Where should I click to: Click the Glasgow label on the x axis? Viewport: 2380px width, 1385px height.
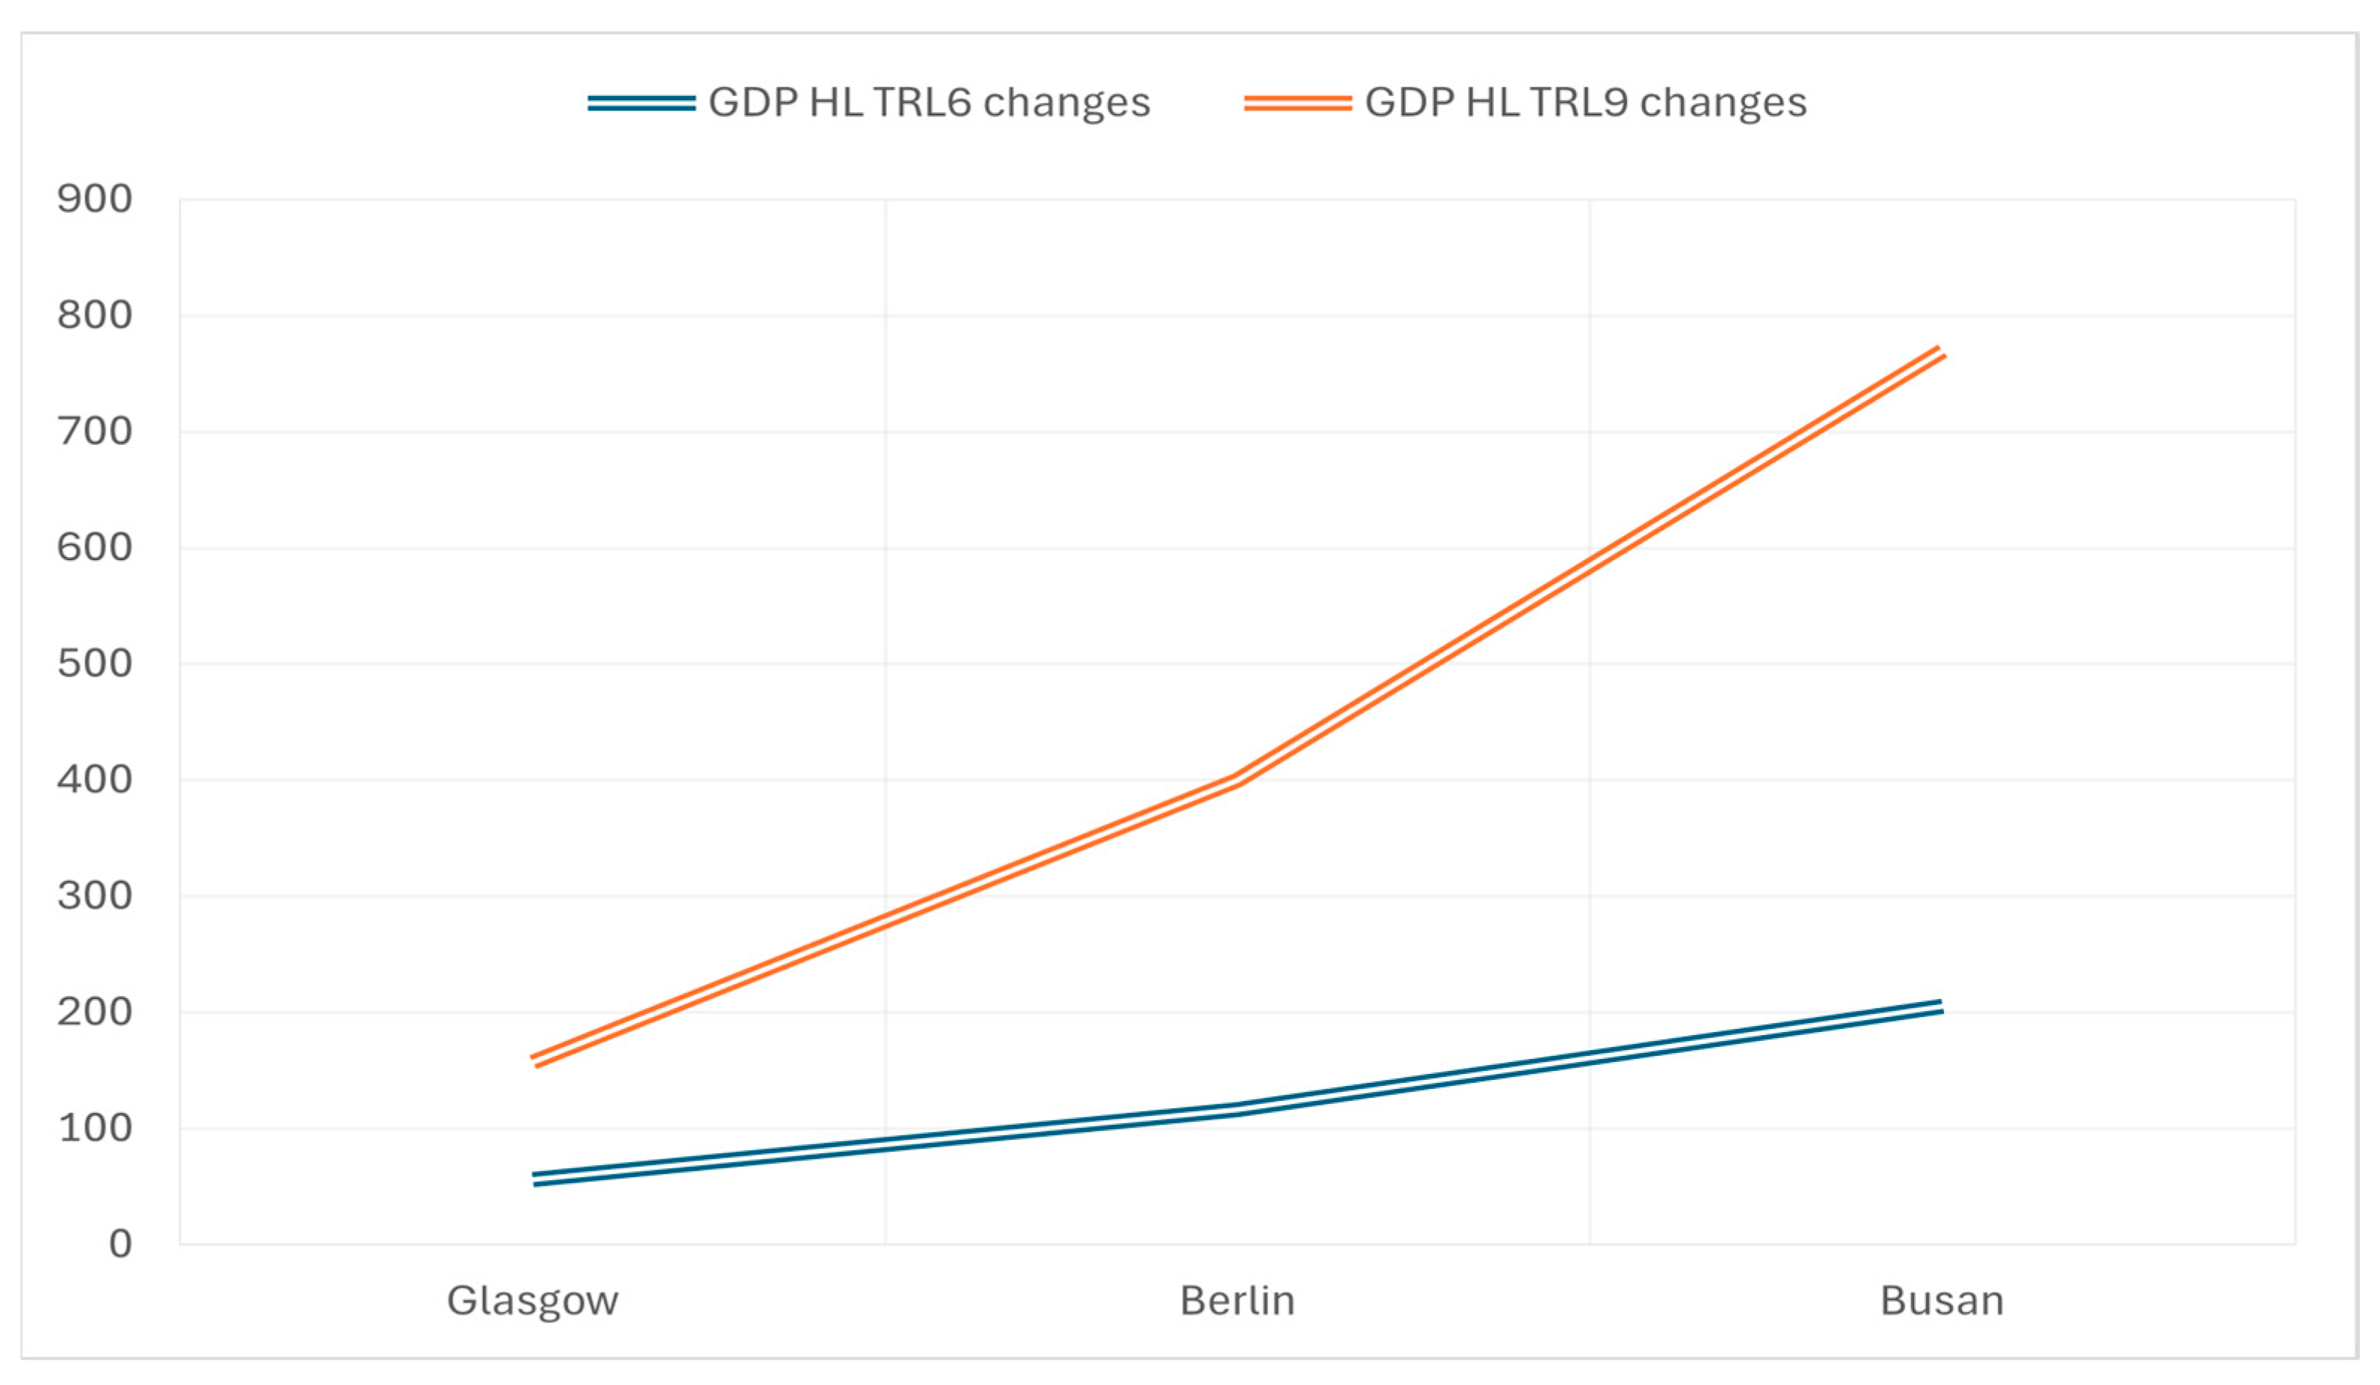(532, 1301)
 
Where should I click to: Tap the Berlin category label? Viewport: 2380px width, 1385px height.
(1237, 1301)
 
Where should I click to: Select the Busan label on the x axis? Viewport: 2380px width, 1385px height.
(1942, 1301)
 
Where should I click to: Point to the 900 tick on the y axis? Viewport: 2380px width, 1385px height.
(94, 200)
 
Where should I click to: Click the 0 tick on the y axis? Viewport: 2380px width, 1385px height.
(120, 1244)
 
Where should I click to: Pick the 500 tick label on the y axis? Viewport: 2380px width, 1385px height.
(94, 663)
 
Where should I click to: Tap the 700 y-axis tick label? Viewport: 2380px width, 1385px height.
(94, 432)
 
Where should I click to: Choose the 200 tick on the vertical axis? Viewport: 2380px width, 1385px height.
(94, 1012)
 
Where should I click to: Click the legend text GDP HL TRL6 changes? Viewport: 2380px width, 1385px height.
(929, 102)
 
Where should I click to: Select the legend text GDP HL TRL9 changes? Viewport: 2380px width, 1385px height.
(1586, 102)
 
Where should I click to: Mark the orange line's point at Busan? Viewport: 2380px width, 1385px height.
(1942, 351)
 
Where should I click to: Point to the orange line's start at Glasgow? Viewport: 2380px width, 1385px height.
(534, 1061)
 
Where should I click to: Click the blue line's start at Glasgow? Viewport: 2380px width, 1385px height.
(534, 1179)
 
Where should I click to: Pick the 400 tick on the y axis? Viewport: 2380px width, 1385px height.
(94, 779)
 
